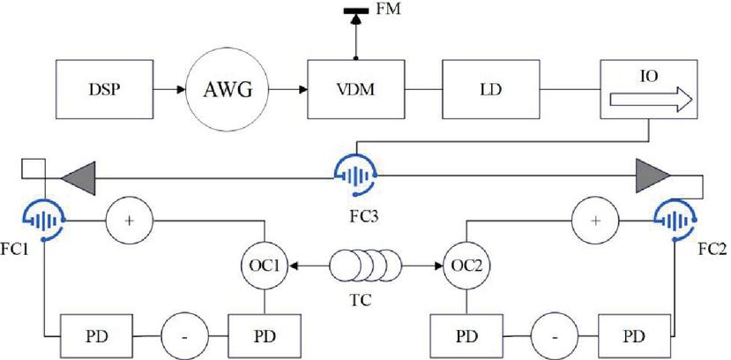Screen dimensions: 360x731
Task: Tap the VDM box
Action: point(352,90)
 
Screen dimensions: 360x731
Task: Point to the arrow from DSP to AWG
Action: point(169,90)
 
